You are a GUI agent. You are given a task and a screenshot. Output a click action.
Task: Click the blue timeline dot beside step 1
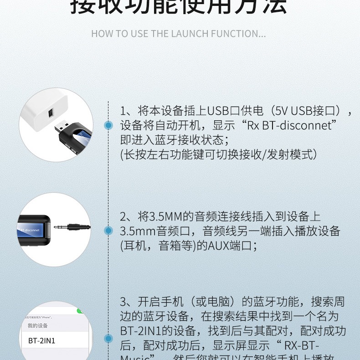tap(108, 125)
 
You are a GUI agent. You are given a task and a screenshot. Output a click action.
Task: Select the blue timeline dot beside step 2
tap(108, 231)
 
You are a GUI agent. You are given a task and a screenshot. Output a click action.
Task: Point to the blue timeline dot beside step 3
tap(108, 339)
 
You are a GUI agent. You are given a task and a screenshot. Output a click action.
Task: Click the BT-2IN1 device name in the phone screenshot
tap(41, 340)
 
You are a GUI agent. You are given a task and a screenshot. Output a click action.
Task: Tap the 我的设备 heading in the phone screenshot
tap(37, 325)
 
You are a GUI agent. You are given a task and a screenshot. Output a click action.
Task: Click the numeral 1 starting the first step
tap(123, 111)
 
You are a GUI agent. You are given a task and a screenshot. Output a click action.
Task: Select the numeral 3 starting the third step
tap(123, 302)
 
